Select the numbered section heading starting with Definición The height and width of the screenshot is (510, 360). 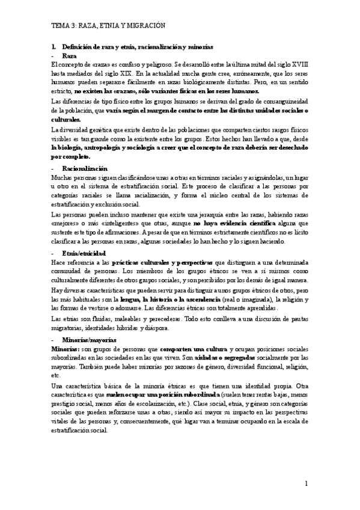click(x=132, y=47)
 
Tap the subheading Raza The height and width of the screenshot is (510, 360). click(x=69, y=55)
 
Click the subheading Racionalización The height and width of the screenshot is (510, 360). click(x=84, y=169)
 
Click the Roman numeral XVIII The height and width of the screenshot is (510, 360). click(x=296, y=64)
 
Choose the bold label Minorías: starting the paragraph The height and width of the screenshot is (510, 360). click(x=64, y=349)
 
